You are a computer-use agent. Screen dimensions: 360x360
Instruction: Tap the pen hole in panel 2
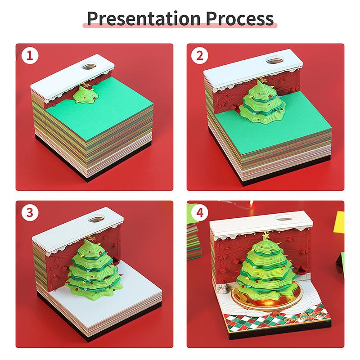coord(273,60)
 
